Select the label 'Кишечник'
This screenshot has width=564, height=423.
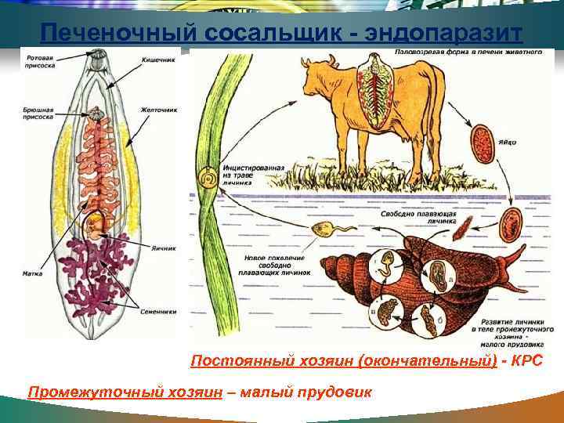(x=157, y=60)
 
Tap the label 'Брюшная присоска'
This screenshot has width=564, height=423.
(x=38, y=113)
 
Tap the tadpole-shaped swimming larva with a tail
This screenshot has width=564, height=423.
(x=324, y=230)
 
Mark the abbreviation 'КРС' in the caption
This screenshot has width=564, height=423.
(x=525, y=361)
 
